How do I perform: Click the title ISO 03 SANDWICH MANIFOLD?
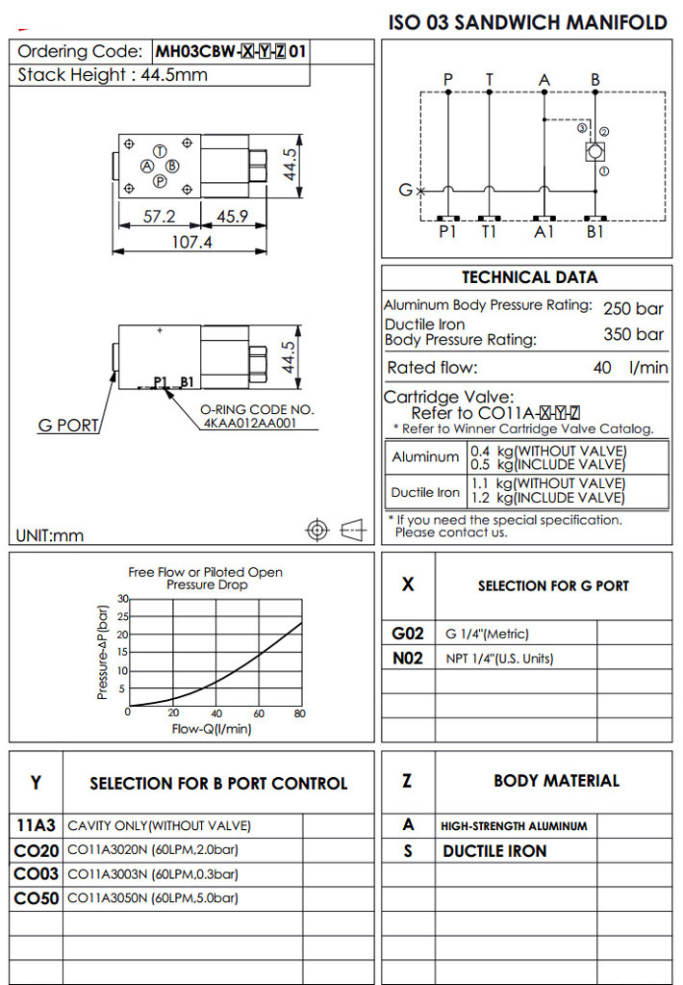click(527, 22)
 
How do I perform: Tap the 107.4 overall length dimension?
click(190, 242)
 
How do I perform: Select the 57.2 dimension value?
click(159, 217)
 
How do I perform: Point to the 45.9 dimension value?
click(233, 217)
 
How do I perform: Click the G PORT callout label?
click(68, 426)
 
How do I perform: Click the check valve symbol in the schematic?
click(594, 152)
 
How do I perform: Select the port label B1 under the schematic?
click(595, 232)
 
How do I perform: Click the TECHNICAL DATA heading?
click(529, 277)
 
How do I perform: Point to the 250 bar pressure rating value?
click(633, 309)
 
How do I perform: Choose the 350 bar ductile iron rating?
click(633, 335)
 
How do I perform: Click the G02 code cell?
click(408, 634)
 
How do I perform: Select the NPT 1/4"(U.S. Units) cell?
click(499, 659)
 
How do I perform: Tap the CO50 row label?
click(37, 898)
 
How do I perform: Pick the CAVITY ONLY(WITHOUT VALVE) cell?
click(159, 825)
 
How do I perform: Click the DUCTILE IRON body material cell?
click(494, 851)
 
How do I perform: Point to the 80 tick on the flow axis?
click(300, 713)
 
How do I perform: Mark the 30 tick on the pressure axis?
click(122, 599)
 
